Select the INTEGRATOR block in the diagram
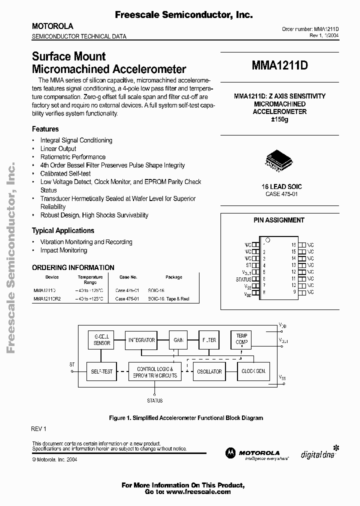coord(141,340)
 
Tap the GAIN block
coord(178,340)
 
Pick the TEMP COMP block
coord(241,339)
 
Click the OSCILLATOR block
coord(209,371)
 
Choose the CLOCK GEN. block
coord(253,371)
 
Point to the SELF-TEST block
coord(101,371)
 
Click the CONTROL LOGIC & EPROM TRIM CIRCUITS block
coord(155,372)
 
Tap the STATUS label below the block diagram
coord(155,400)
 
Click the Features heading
coord(45,129)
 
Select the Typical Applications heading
coord(63,230)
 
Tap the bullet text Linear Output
coord(58,148)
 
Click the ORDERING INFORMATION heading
coord(73,267)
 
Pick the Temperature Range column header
coord(90,279)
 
